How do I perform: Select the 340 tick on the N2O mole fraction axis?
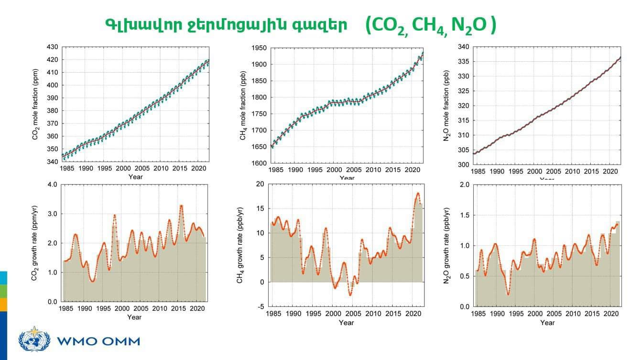click(463, 47)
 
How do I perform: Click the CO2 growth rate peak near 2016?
click(181, 206)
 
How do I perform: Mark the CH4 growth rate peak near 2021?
click(417, 194)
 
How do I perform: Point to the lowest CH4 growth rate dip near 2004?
click(350, 295)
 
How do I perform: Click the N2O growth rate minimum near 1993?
click(508, 294)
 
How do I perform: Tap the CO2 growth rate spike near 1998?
click(115, 216)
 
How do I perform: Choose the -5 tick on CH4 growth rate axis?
click(260, 306)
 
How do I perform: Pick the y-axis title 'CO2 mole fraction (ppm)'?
click(35, 105)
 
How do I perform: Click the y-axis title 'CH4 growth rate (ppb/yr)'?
click(240, 245)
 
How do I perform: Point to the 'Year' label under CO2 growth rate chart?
click(134, 317)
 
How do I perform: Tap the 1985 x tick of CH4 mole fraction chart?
click(276, 170)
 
